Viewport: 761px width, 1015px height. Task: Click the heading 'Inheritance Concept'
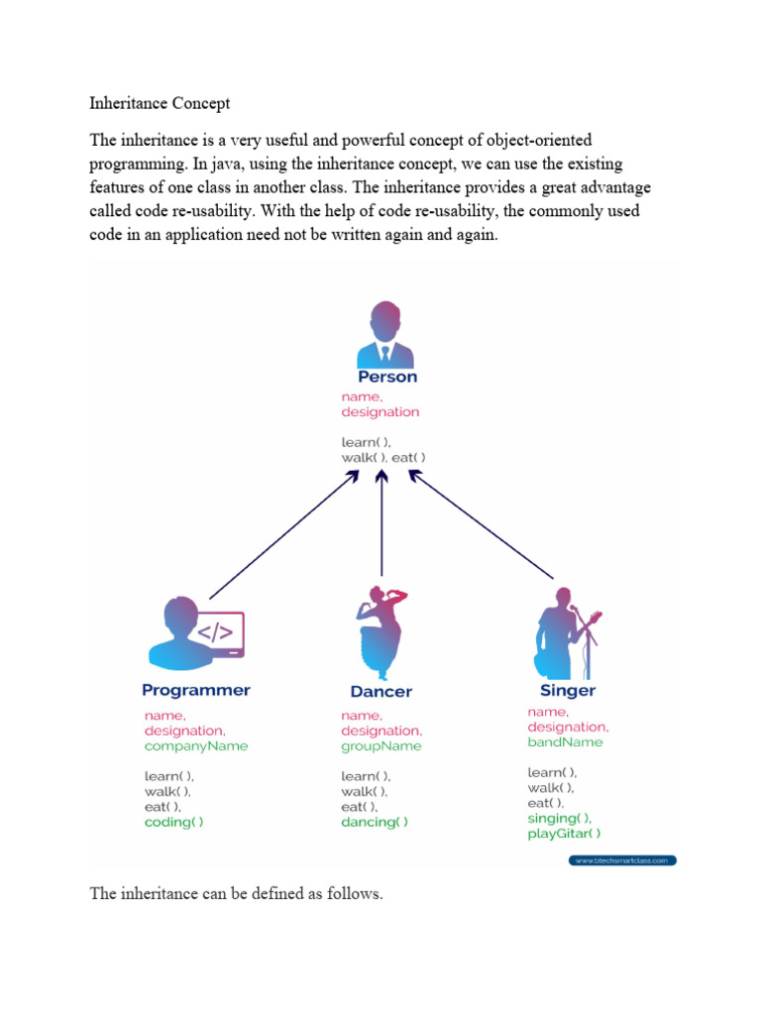point(160,103)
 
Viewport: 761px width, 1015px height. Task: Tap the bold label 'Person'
point(387,377)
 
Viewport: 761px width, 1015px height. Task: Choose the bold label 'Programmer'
point(196,690)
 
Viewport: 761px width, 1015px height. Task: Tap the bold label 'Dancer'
point(380,691)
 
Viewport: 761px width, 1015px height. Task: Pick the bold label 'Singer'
point(568,690)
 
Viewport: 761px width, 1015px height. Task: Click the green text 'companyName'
point(196,745)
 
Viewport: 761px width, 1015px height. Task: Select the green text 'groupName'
point(380,745)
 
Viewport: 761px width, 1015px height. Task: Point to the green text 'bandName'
point(565,741)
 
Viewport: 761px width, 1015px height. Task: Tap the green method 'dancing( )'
point(375,822)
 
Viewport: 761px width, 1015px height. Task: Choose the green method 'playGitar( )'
point(564,834)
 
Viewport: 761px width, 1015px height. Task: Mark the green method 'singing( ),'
point(560,818)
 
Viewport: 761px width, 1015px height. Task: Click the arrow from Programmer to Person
point(282,535)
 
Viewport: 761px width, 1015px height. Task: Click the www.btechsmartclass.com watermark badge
point(623,860)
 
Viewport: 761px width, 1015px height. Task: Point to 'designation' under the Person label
point(380,411)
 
